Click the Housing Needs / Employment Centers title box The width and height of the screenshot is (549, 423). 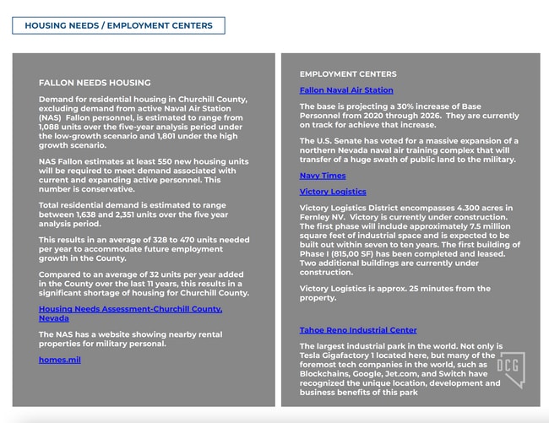[118, 25]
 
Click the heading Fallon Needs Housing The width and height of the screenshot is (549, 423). [95, 83]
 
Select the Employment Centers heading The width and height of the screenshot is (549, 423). [348, 74]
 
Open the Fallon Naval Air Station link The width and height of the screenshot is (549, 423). [346, 90]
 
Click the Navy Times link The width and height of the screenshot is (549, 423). [323, 176]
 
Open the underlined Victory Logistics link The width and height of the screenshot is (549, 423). [333, 192]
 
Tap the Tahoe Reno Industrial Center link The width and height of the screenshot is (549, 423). [358, 330]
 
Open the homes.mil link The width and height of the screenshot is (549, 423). [60, 360]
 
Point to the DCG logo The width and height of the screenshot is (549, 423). [509, 368]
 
